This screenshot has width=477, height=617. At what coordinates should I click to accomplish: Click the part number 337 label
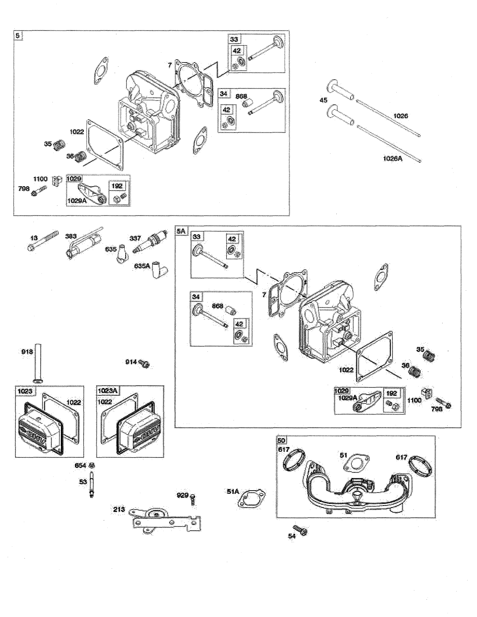click(135, 238)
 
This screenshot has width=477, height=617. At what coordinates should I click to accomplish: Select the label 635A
click(142, 266)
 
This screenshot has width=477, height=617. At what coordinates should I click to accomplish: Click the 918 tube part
click(38, 362)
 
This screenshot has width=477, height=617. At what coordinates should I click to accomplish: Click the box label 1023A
click(107, 391)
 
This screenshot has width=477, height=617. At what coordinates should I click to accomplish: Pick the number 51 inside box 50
click(343, 455)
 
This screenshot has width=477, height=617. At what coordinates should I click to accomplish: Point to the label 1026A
click(392, 159)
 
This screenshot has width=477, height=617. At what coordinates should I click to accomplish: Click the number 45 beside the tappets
click(323, 100)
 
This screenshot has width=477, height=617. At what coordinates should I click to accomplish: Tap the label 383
click(71, 236)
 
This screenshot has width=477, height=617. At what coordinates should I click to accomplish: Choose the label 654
click(80, 466)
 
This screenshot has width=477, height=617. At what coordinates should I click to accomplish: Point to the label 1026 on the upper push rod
click(400, 116)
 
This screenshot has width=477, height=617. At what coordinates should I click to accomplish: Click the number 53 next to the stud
click(83, 482)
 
